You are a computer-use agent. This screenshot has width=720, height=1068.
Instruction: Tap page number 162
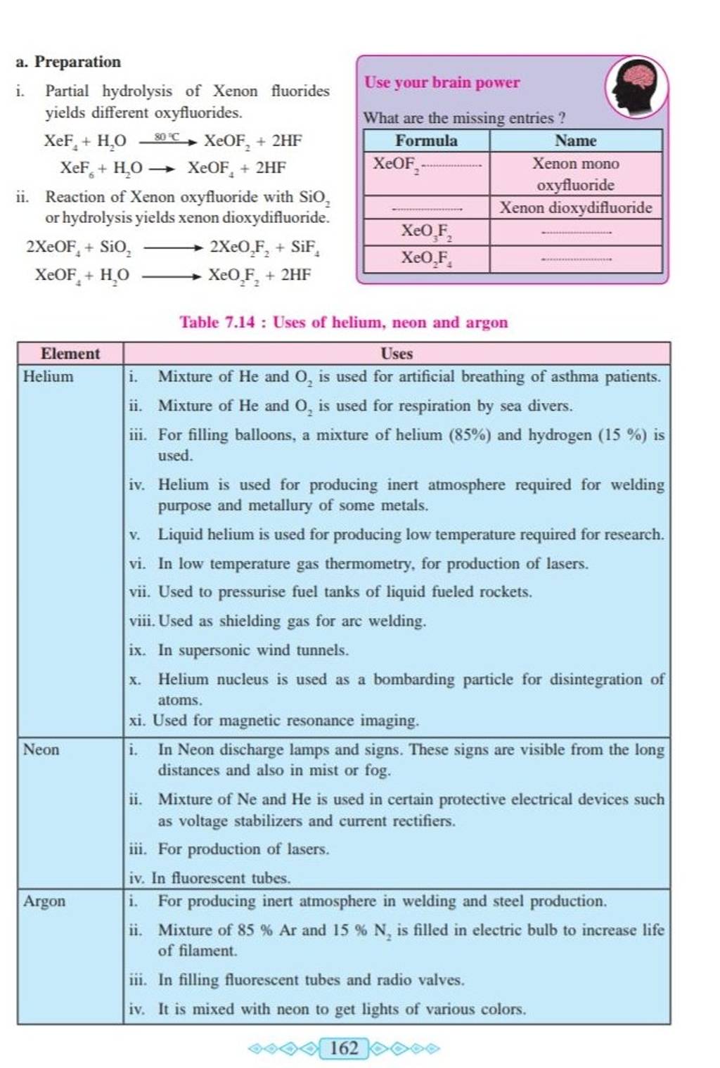click(x=344, y=1048)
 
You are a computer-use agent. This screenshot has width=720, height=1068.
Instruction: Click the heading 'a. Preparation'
click(x=69, y=62)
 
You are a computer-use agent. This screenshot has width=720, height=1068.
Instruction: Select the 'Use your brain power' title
click(x=442, y=82)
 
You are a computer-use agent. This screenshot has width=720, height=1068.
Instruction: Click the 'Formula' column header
click(x=426, y=141)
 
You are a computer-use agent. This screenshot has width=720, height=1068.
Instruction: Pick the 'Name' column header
click(x=575, y=141)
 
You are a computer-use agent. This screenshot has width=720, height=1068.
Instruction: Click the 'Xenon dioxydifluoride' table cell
click(x=575, y=207)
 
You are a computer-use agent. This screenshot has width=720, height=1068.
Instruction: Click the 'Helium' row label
click(x=48, y=376)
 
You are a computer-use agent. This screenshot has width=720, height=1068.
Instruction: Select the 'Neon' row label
click(x=41, y=749)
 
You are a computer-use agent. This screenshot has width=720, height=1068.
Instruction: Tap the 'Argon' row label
click(x=44, y=901)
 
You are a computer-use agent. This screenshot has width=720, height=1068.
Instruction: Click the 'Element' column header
click(x=70, y=353)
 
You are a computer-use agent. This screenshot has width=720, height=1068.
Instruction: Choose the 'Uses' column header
click(x=397, y=353)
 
